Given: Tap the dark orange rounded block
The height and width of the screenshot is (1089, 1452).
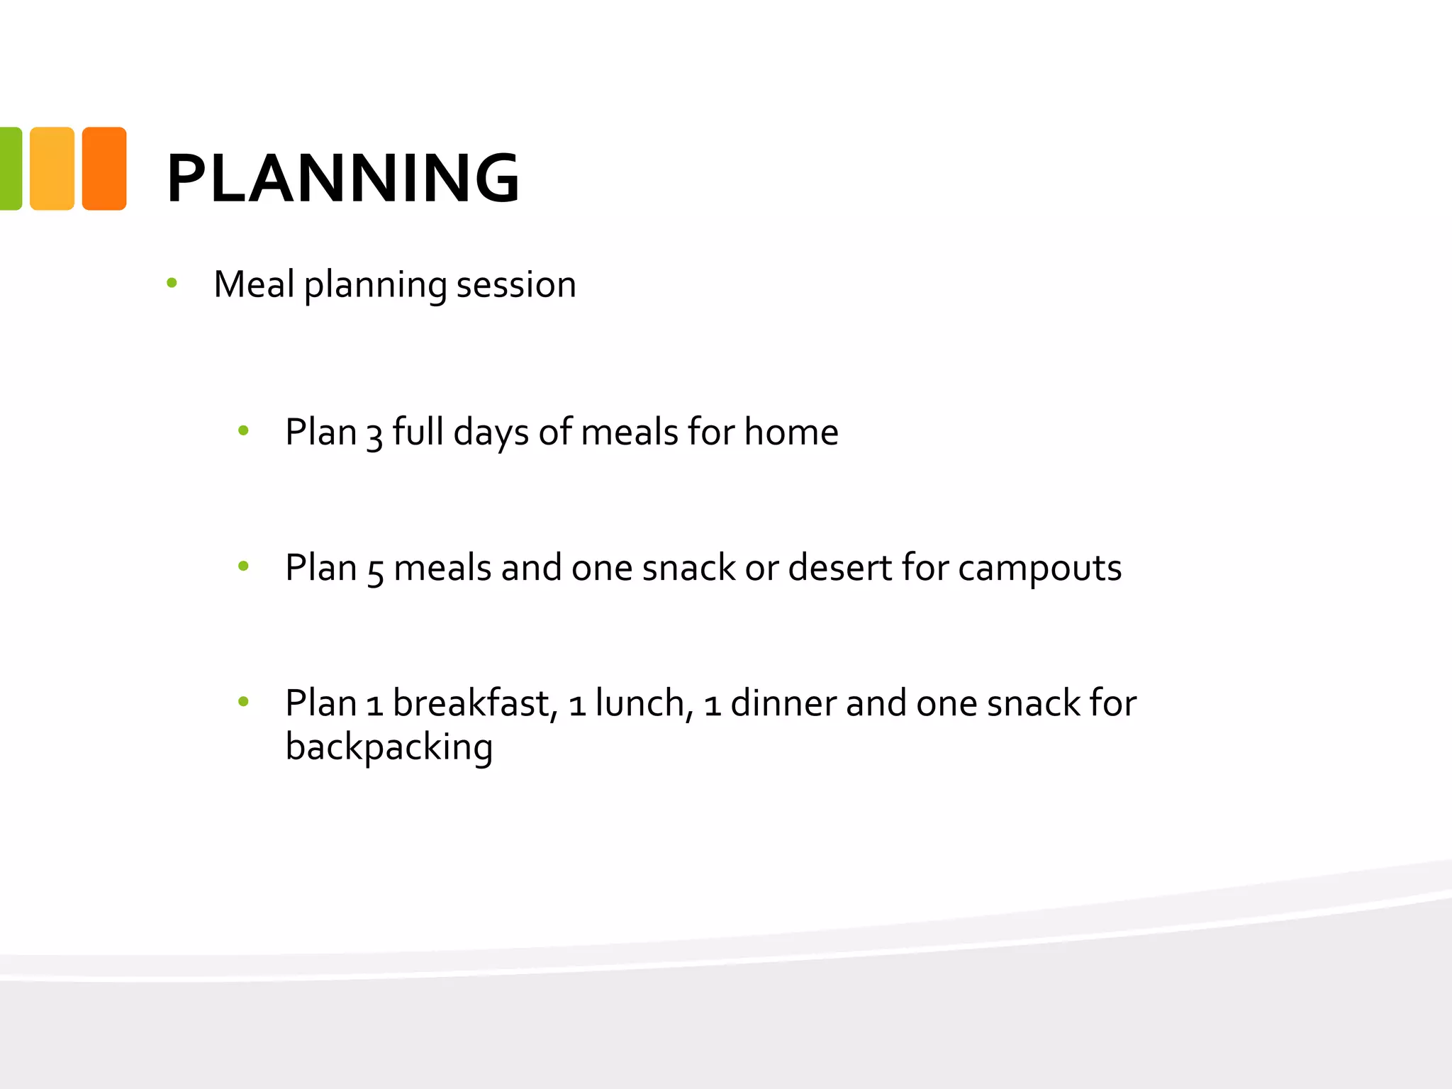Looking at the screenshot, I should click(x=104, y=169).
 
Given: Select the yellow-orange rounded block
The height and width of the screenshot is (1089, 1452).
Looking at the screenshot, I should click(x=52, y=169).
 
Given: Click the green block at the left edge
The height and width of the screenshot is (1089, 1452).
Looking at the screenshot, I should click(x=10, y=169).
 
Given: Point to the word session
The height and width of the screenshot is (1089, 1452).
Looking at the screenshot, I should click(x=515, y=285).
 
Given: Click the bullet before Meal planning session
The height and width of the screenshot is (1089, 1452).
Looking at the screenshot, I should click(x=172, y=284).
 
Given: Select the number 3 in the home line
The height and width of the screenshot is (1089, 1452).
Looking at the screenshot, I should click(x=374, y=434).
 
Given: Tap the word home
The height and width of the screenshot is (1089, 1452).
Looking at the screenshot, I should click(x=791, y=432).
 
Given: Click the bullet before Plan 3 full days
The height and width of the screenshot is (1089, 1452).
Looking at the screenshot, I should click(x=243, y=430).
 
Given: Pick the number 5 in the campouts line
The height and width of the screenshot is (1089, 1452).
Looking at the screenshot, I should click(x=375, y=570).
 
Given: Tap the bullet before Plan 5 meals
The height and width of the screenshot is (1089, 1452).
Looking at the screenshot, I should click(x=243, y=566).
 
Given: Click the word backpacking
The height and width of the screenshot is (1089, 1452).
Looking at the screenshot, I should click(x=389, y=748).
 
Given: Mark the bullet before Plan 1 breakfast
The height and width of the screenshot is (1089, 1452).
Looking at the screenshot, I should click(x=243, y=702).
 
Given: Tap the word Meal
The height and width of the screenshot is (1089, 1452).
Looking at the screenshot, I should click(x=254, y=284).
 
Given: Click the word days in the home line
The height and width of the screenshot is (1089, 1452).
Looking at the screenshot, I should click(x=491, y=432).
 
